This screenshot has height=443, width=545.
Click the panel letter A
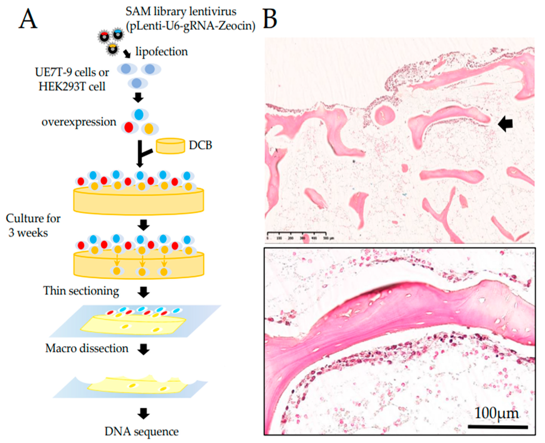tap(28, 20)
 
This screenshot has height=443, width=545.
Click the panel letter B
tap(270, 20)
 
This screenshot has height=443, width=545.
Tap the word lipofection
tap(162, 52)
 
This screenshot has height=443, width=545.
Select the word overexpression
tap(79, 122)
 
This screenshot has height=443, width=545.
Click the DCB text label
tap(200, 145)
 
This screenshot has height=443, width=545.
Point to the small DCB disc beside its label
tap(171, 146)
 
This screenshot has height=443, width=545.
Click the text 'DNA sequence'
tap(141, 431)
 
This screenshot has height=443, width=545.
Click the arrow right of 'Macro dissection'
tap(143, 349)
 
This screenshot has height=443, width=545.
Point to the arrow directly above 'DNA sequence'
tap(143, 413)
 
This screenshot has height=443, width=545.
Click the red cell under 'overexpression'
tap(129, 127)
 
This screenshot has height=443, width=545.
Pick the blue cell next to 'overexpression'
tap(139, 115)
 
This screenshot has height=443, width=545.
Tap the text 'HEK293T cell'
tap(72, 87)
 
